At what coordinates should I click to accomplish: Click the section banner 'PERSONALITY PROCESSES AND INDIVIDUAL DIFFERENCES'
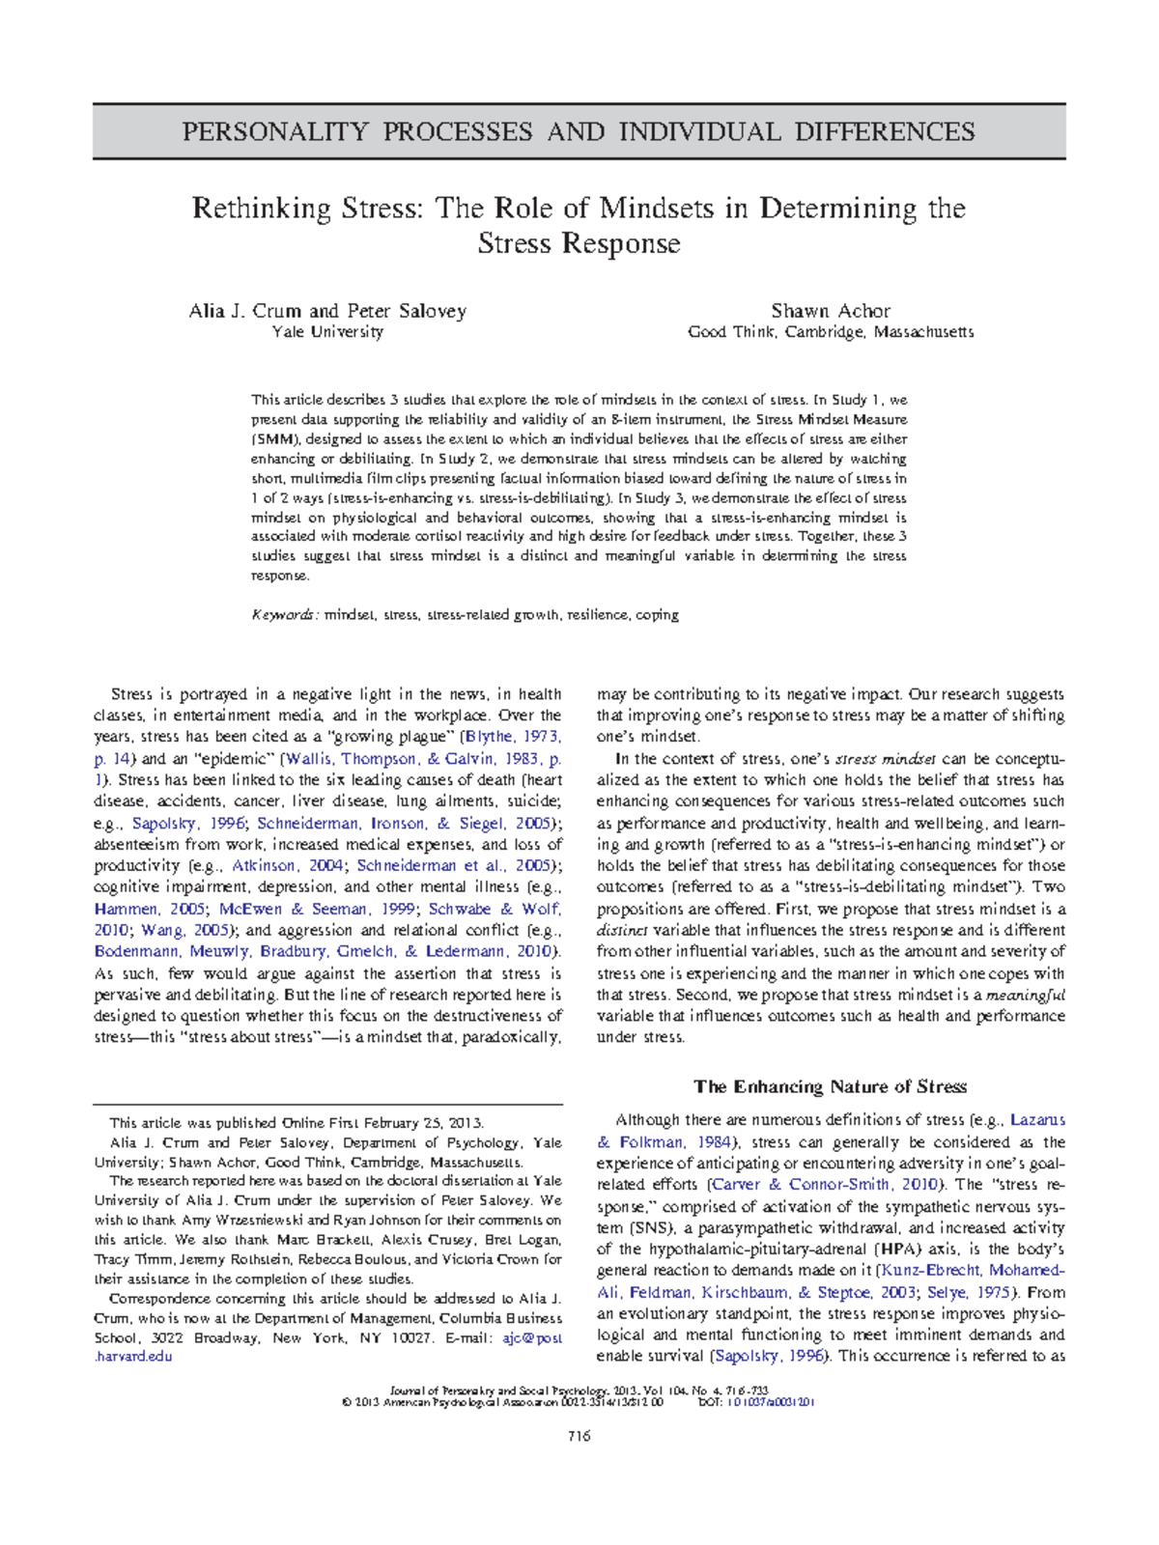(x=579, y=131)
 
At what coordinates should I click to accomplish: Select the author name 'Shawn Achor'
(x=830, y=311)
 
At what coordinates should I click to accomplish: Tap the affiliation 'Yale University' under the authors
(x=327, y=332)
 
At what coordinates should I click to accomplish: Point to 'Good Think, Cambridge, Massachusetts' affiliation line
(x=830, y=332)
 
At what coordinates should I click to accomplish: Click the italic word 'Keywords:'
(x=284, y=615)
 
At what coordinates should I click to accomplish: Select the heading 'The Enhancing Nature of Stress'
(x=830, y=1087)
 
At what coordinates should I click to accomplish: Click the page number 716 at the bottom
(x=579, y=1436)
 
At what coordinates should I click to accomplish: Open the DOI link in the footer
(x=770, y=1402)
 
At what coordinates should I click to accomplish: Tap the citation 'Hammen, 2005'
(x=150, y=909)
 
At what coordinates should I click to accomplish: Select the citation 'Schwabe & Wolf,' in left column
(x=495, y=909)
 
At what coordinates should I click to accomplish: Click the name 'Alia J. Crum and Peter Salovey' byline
(x=327, y=311)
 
